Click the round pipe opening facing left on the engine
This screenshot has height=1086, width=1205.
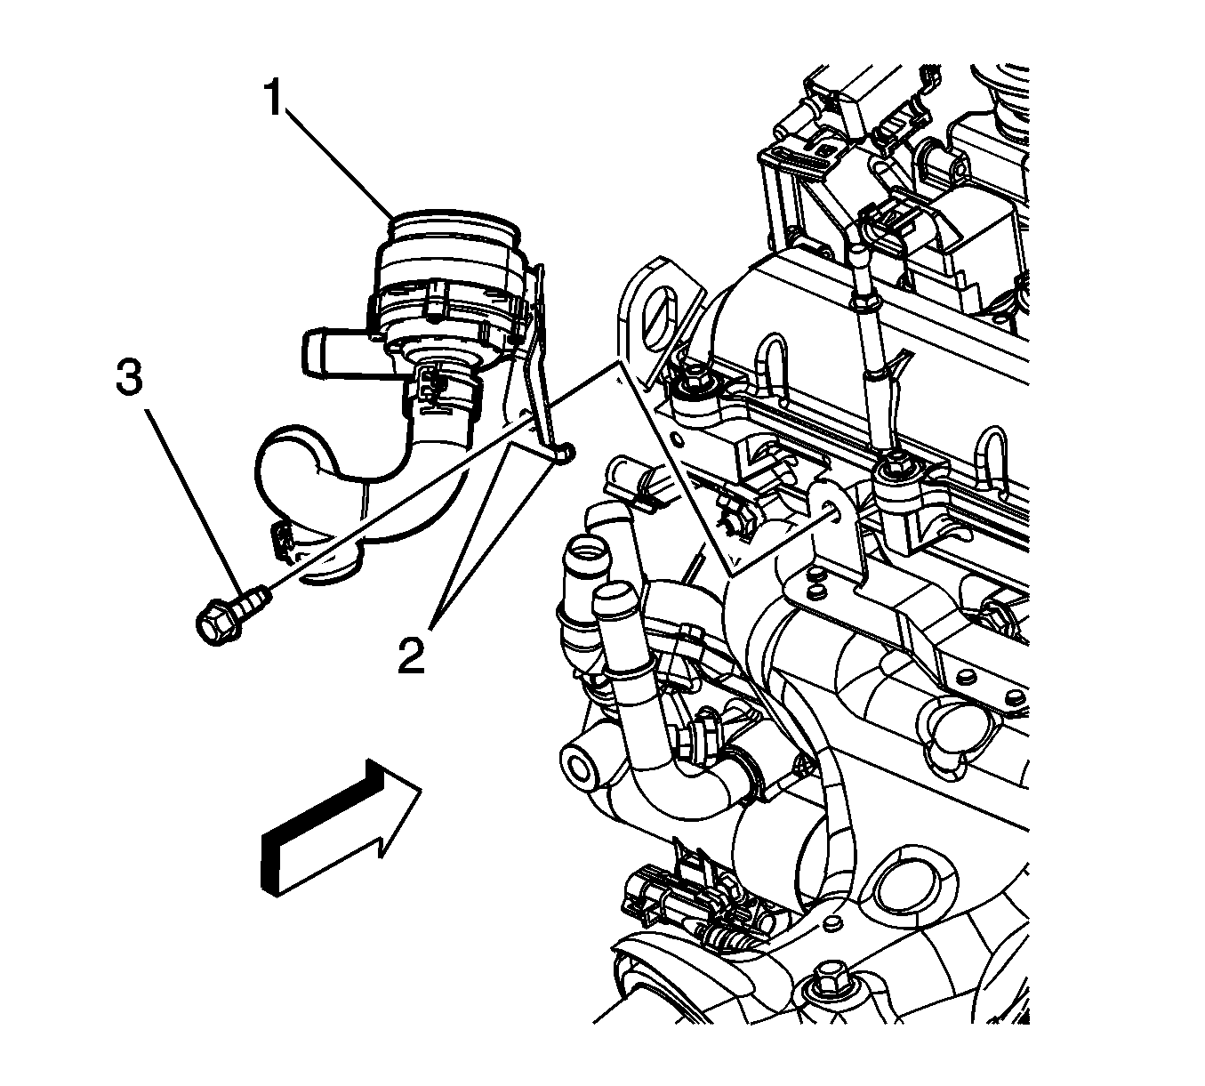(x=580, y=770)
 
